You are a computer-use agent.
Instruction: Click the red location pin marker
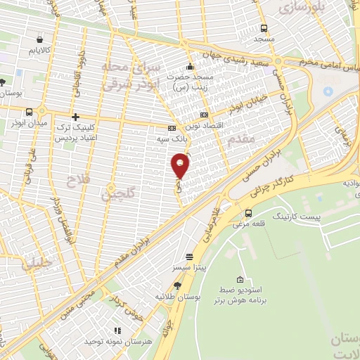(x=181, y=165)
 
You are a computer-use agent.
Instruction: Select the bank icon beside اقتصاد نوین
(x=205, y=115)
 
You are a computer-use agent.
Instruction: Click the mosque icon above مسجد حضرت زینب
(x=188, y=67)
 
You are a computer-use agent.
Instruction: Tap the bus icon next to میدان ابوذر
(x=29, y=112)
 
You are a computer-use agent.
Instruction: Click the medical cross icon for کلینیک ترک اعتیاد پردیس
(x=75, y=117)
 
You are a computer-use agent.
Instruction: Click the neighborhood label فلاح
(x=74, y=181)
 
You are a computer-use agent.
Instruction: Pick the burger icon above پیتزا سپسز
(x=188, y=257)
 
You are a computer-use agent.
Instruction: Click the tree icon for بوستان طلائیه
(x=177, y=285)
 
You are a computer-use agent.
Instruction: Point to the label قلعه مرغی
(x=248, y=225)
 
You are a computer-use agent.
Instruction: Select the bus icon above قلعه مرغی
(x=248, y=213)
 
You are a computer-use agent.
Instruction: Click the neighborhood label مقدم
(x=240, y=141)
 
